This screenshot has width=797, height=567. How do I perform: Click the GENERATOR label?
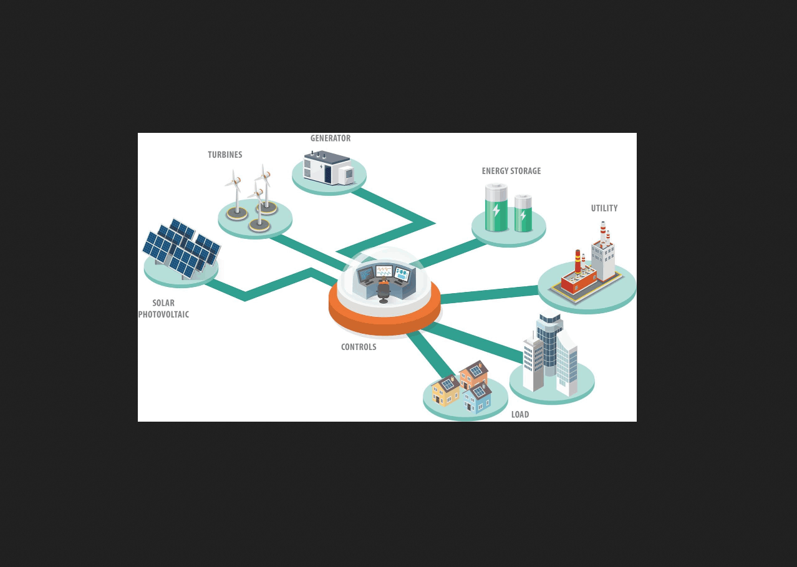pos(331,138)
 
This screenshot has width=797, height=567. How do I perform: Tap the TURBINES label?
pos(225,155)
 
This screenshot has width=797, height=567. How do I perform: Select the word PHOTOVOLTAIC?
pos(163,314)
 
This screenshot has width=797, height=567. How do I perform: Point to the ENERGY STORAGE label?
pos(511,171)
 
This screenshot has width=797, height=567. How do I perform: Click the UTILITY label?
pos(604,208)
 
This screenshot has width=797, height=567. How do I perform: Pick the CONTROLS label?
pos(359,347)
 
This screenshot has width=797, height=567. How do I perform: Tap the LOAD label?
pos(520,414)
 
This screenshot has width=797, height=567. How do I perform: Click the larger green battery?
pos(496,208)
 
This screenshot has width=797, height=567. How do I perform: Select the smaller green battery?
pos(523,214)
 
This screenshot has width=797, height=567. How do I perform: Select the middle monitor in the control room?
pos(384,271)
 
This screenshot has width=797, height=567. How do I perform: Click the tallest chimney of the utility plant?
pos(603,234)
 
